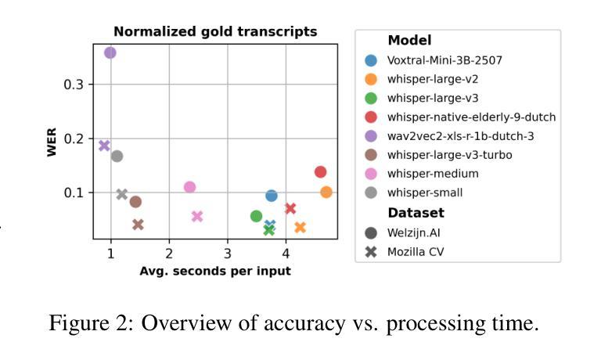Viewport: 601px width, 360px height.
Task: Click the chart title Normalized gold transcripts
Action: coord(215,32)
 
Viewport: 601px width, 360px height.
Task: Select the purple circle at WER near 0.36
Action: coord(110,52)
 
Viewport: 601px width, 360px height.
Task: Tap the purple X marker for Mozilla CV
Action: coord(104,146)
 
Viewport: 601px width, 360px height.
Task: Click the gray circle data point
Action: coord(117,156)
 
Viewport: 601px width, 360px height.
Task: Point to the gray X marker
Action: coord(122,194)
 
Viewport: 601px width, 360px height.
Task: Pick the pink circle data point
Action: coord(189,187)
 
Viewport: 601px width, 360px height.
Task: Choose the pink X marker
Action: coord(197,217)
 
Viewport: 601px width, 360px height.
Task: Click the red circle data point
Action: coord(320,172)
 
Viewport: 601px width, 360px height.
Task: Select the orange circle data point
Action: coord(326,192)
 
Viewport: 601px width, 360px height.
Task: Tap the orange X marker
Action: coord(300,227)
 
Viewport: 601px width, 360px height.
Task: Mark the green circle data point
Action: coord(256,216)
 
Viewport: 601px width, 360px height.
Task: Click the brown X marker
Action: coord(138,225)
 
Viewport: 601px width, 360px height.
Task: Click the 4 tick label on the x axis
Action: coord(286,254)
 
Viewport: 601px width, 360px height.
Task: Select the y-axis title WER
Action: coord(52,144)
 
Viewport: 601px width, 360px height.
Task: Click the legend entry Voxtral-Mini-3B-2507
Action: coord(443,60)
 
